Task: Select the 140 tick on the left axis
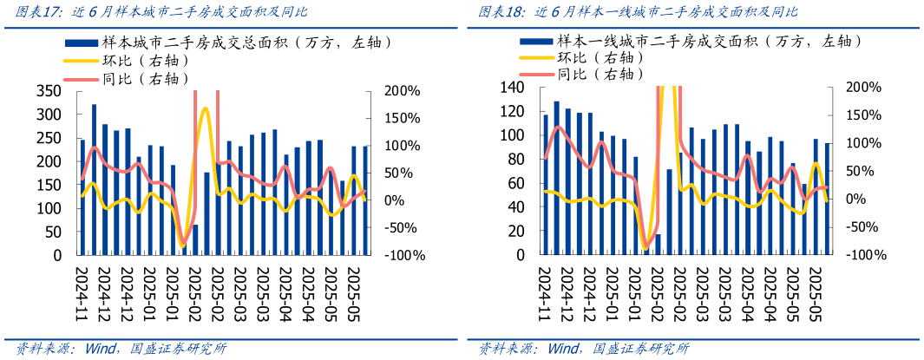click(x=512, y=88)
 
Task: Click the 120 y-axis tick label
click(x=512, y=112)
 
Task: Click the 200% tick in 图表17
click(x=403, y=91)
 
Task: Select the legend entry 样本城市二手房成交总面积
click(x=230, y=42)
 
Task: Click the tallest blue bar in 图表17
click(x=94, y=180)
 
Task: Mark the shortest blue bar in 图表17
click(x=195, y=240)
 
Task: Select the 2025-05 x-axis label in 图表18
click(x=815, y=291)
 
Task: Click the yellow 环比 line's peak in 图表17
click(x=205, y=108)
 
